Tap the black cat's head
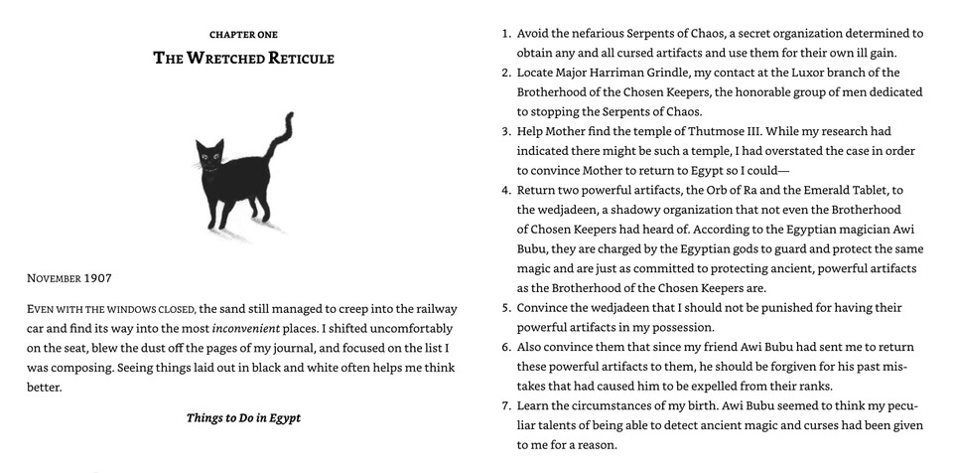point(209,157)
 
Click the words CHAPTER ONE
point(243,35)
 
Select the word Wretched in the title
point(223,59)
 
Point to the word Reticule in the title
point(301,59)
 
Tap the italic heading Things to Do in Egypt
point(243,418)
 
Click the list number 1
point(506,33)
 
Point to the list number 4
point(506,190)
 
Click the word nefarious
point(602,33)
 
